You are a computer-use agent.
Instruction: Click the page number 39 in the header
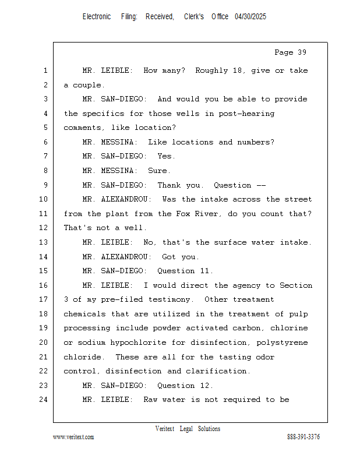coord(301,52)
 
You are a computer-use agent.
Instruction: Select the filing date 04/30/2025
coord(250,17)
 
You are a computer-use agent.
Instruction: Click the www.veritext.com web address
coord(73,437)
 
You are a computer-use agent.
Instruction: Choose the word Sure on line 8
coord(159,171)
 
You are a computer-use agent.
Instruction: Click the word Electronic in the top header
coord(97,17)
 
